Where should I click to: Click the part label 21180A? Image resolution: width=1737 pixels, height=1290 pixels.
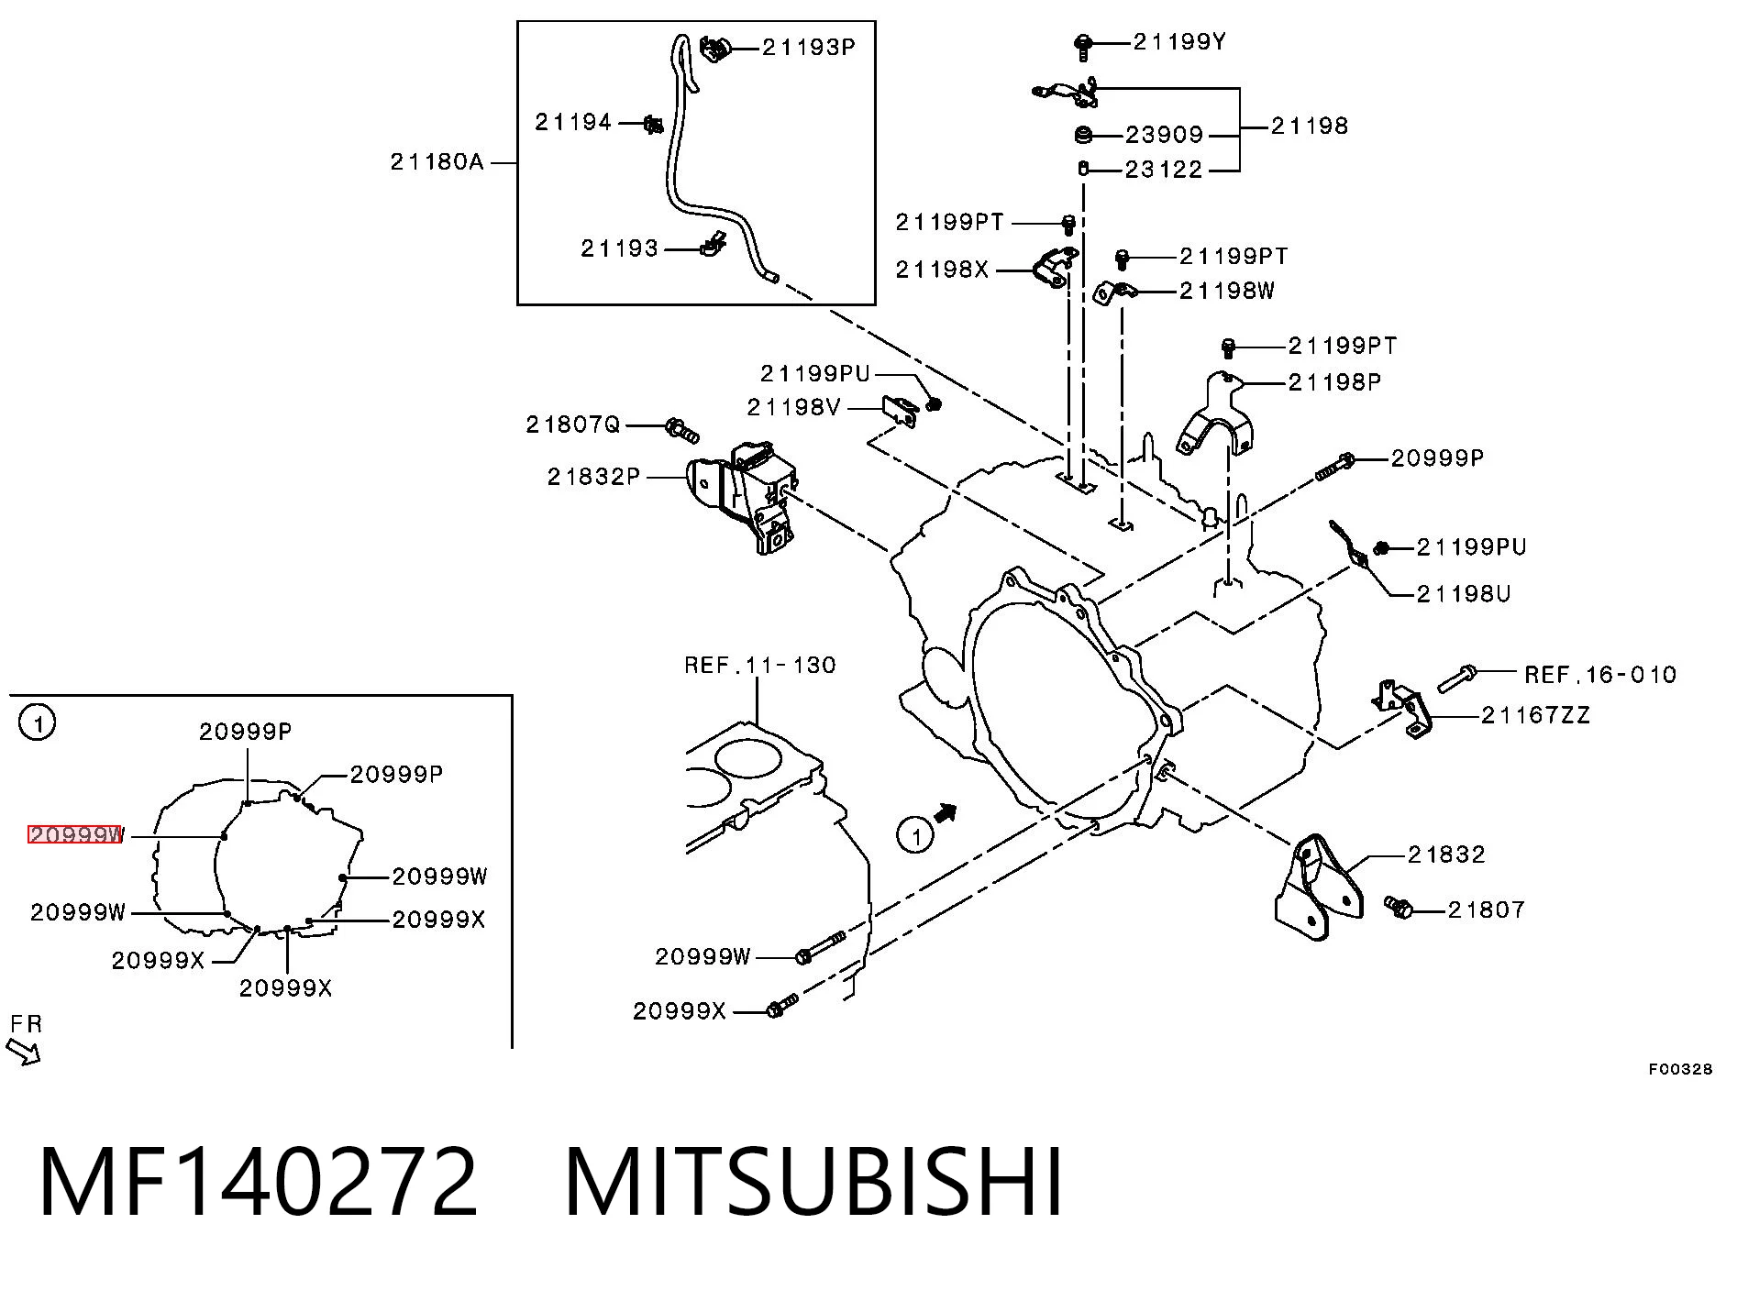[437, 162]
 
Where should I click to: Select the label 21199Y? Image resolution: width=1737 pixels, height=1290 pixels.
[1179, 41]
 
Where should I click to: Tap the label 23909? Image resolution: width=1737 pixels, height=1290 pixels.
[1164, 135]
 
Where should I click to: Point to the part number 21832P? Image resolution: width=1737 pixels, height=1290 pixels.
[593, 477]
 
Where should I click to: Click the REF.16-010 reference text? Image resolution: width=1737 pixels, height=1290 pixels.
[1600, 675]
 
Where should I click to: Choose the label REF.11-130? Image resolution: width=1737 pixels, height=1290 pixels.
[760, 665]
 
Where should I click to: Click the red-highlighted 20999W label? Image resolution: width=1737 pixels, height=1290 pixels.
[74, 834]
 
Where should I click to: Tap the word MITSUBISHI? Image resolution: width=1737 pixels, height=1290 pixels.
[813, 1183]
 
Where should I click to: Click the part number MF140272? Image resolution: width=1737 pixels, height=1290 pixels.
[259, 1183]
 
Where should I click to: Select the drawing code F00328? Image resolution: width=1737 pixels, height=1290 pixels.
[1680, 1069]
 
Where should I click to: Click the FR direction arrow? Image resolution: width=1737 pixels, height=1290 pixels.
[23, 1052]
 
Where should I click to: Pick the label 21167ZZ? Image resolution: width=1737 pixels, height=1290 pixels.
[1535, 715]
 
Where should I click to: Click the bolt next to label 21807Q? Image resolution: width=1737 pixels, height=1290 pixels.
[681, 428]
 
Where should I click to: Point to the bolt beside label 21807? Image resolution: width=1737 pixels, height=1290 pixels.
[1399, 907]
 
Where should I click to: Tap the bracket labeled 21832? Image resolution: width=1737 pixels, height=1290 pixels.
[1318, 888]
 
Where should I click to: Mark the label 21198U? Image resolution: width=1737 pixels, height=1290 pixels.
[1464, 594]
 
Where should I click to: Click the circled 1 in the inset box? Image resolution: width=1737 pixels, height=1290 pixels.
[38, 722]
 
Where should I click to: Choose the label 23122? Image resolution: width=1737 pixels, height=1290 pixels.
[1164, 170]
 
